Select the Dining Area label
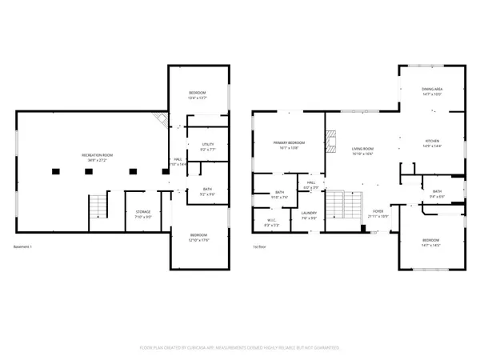click(x=432, y=91)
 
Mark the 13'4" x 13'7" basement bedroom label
click(x=198, y=95)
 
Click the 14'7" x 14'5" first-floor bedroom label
click(x=431, y=242)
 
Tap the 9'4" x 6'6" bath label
click(x=438, y=194)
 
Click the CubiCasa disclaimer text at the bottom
click(x=240, y=347)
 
